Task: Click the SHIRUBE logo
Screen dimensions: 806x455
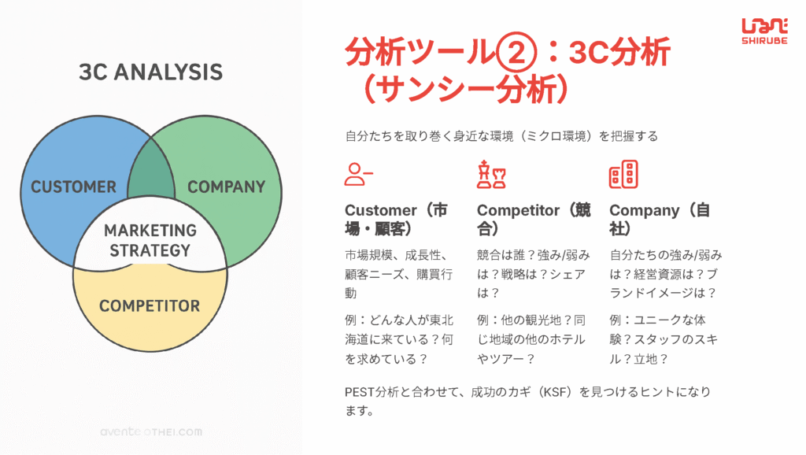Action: click(764, 31)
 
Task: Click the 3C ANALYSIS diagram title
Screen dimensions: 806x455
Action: click(150, 72)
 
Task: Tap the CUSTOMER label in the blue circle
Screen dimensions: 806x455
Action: click(73, 187)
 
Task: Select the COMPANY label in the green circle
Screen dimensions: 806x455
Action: click(226, 187)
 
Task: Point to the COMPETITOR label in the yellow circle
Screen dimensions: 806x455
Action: click(150, 306)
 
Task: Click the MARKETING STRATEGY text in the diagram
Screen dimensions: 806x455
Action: click(150, 240)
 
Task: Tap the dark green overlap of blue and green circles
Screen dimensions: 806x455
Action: click(151, 172)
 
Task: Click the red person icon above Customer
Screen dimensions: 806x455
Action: click(358, 174)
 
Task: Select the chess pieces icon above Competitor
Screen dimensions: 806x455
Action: click(491, 174)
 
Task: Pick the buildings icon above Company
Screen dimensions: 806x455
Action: click(623, 174)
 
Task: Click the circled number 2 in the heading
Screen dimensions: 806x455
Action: click(516, 53)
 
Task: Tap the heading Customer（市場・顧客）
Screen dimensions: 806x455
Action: click(396, 219)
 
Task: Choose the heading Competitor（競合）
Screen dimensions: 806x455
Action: click(534, 219)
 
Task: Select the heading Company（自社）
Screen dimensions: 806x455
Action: click(660, 219)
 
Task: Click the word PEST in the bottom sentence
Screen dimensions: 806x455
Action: click(359, 392)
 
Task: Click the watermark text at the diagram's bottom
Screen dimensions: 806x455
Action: click(151, 432)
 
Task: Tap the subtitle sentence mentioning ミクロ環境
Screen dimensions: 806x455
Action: click(501, 136)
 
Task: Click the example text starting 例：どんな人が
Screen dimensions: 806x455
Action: click(399, 339)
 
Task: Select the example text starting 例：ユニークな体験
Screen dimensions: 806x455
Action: click(664, 339)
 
